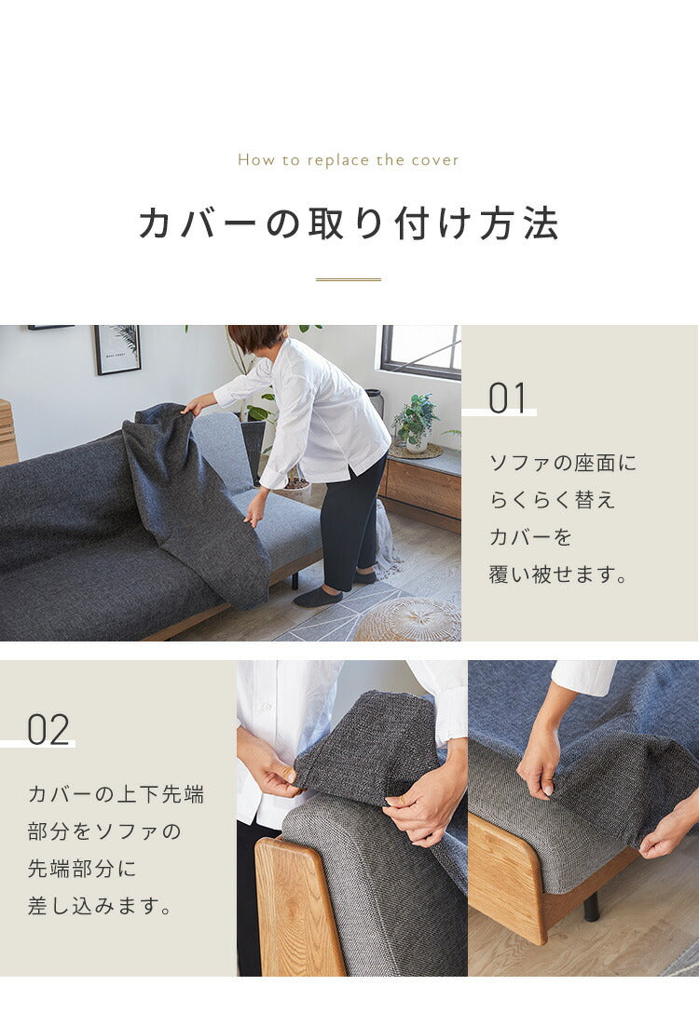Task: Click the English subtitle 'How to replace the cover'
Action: coord(349,160)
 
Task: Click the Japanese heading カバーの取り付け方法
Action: coord(349,224)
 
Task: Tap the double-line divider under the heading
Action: coord(349,279)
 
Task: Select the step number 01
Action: coord(508,398)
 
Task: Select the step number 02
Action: coord(48,730)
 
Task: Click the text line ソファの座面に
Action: coord(563,463)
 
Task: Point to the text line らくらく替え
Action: coord(552,500)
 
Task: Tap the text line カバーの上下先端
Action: coord(116,794)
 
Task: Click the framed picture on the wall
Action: coord(117,349)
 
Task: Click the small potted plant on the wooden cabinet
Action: coord(415,424)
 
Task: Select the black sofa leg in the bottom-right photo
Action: coord(591,907)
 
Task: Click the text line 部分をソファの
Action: coord(104,831)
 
